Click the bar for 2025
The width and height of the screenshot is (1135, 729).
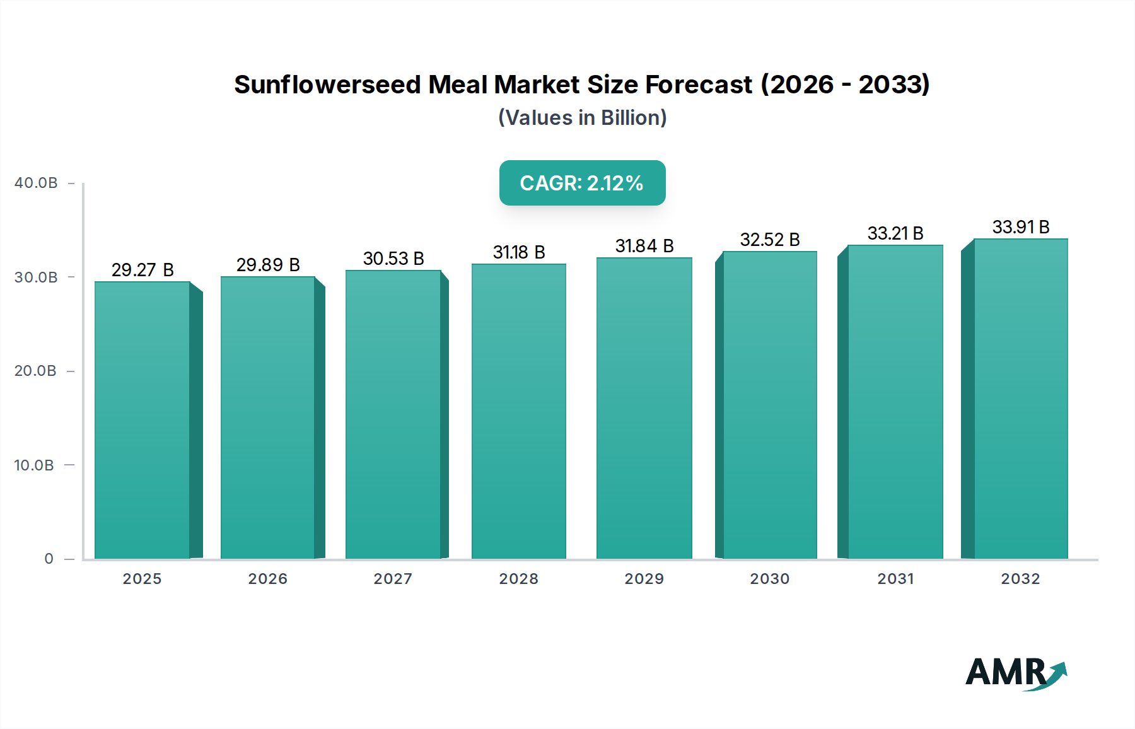click(x=143, y=420)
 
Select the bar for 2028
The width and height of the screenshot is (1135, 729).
click(x=519, y=411)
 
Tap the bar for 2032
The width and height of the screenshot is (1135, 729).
click(x=1020, y=399)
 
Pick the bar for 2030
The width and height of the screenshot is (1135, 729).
click(x=769, y=405)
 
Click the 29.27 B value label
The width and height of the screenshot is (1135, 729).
click(x=143, y=270)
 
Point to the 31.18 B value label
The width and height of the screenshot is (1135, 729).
click(x=519, y=252)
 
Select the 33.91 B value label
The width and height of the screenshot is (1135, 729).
click(x=1020, y=227)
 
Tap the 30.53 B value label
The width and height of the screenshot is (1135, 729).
click(x=393, y=259)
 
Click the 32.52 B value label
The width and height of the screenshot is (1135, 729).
click(x=769, y=240)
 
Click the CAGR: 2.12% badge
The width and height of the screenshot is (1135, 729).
click(x=582, y=183)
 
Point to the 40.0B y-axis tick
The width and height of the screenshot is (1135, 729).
click(x=36, y=183)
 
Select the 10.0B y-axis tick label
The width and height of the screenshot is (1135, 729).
click(x=34, y=465)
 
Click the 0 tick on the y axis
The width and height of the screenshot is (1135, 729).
click(x=49, y=559)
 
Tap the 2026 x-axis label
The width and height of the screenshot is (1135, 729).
click(x=267, y=579)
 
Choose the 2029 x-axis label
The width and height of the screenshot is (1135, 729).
click(x=644, y=579)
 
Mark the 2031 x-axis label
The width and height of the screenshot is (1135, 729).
click(x=895, y=579)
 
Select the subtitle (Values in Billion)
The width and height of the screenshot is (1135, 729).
click(x=582, y=118)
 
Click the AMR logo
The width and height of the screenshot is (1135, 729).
click(x=1015, y=673)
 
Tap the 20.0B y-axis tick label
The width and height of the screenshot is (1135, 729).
click(x=35, y=371)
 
